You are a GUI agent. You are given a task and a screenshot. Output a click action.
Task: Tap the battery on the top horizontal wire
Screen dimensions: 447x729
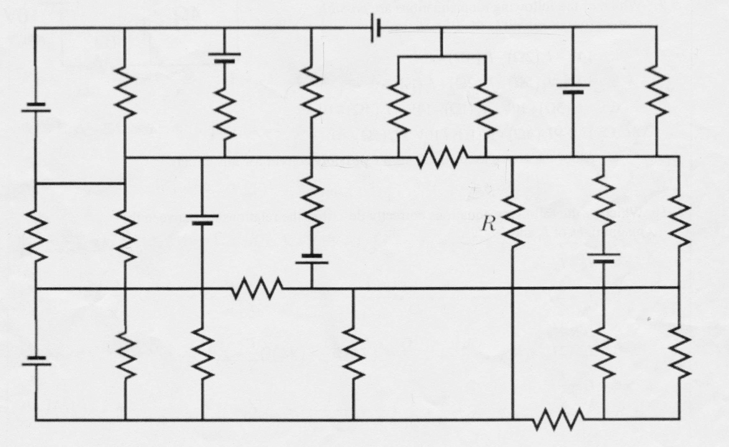tap(376, 28)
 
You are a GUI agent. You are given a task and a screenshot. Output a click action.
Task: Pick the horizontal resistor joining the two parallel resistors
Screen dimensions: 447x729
tap(443, 157)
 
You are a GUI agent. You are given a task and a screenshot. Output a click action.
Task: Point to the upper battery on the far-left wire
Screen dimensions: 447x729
tap(36, 107)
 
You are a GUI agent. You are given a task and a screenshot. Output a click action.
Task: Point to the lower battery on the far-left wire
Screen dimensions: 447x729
tap(36, 361)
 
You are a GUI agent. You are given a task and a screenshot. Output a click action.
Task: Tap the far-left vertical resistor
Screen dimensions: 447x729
tap(36, 236)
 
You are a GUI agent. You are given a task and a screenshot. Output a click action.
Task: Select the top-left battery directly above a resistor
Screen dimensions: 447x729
tap(225, 57)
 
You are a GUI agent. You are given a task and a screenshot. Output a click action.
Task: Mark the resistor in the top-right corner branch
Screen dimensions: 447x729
tap(656, 95)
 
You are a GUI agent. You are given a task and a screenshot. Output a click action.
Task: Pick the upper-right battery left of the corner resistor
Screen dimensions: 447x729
tap(573, 88)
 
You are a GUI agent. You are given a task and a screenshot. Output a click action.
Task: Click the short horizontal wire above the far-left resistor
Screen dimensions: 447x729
tap(80, 183)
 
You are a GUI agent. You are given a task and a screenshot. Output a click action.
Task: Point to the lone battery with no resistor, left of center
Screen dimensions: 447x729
tap(202, 219)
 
